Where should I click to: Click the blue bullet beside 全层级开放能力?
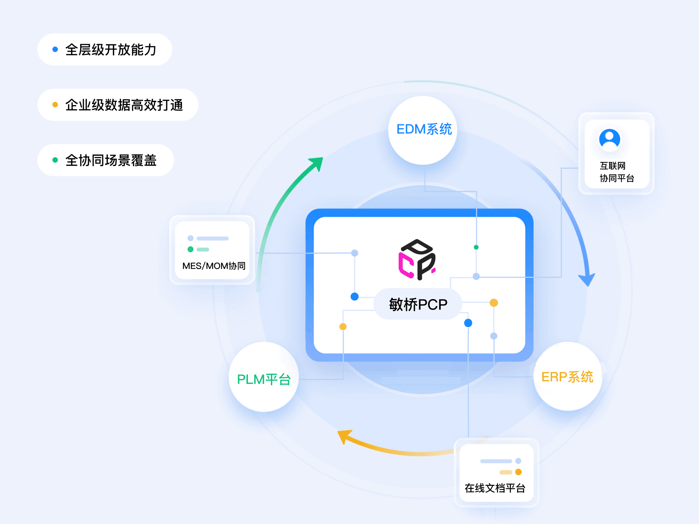(55, 49)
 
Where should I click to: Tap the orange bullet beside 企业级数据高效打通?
(55, 105)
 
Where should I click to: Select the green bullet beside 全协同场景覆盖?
(55, 160)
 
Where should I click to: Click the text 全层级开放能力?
(111, 50)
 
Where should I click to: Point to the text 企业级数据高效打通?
(124, 105)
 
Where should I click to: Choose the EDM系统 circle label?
(424, 129)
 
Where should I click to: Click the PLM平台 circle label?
(264, 379)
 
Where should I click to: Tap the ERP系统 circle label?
(567, 377)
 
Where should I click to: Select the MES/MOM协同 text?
(214, 266)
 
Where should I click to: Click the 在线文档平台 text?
(495, 488)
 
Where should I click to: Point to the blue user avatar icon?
(609, 139)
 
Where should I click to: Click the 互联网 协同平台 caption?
(617, 172)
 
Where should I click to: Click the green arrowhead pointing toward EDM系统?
(316, 163)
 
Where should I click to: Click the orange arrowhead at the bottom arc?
(344, 436)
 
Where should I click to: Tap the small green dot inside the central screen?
(476, 247)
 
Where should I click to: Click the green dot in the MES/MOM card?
(190, 249)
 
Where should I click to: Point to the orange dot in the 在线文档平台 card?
(518, 472)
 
